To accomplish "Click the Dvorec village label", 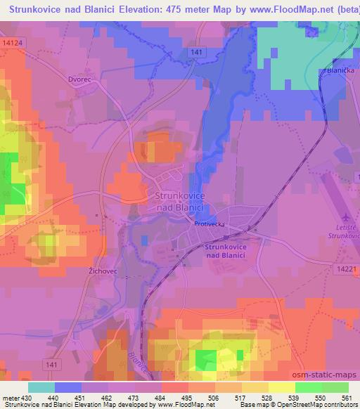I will click(80, 79).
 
